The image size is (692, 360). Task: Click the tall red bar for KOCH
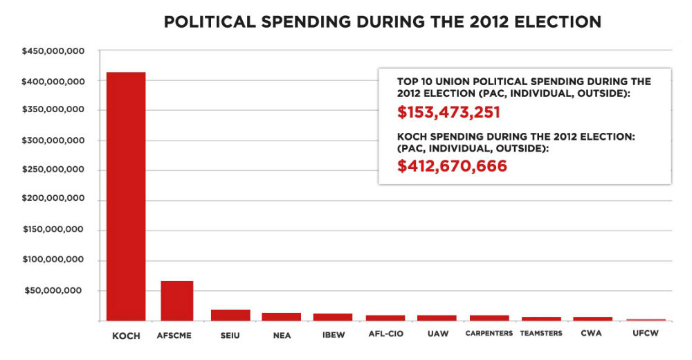[x=125, y=197]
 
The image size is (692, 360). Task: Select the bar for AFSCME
[x=176, y=301]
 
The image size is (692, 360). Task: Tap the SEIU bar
[x=230, y=315]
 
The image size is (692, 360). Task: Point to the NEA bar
[x=281, y=317]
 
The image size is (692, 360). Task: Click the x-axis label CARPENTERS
[x=489, y=334]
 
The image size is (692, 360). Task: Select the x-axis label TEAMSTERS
[x=541, y=334]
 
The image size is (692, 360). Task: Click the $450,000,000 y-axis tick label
[x=54, y=51]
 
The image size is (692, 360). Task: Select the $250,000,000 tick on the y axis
[x=54, y=170]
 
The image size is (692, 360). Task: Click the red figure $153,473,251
[x=448, y=113]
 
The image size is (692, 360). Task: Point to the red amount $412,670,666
[x=452, y=166]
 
